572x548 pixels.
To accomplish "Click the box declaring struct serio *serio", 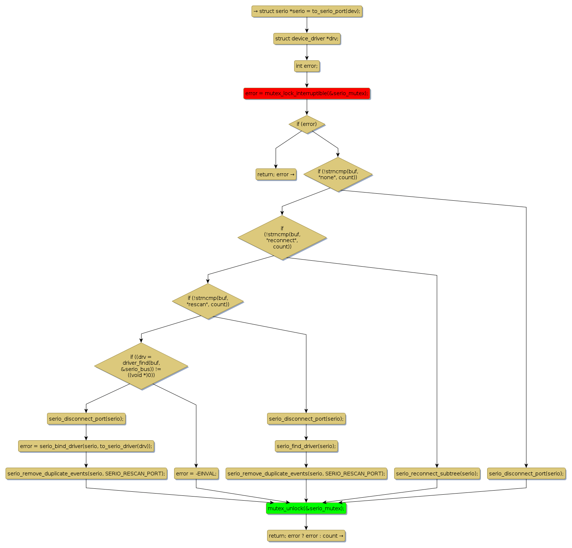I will [306, 11].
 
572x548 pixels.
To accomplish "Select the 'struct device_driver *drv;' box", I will [306, 39].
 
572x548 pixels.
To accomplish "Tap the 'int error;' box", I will [306, 66].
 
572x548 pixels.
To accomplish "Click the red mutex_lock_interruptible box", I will [306, 93].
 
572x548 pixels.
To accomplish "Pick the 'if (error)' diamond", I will [306, 124].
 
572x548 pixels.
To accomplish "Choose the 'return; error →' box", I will [276, 174].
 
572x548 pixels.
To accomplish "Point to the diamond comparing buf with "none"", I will [337, 174].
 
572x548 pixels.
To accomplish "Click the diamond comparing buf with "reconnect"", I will [282, 237].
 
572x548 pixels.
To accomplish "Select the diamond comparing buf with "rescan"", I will [208, 301].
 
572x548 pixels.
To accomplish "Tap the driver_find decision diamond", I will [141, 366].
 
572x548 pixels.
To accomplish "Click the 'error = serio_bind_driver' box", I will [86, 446].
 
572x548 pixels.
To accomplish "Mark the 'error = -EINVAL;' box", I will [196, 474].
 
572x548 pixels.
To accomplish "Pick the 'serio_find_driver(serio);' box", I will [306, 446].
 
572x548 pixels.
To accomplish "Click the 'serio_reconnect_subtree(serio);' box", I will [437, 474].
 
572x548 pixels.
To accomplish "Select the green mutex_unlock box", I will [306, 508].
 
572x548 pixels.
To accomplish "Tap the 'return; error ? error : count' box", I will [306, 536].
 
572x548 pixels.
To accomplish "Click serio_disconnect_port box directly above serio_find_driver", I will [306, 419].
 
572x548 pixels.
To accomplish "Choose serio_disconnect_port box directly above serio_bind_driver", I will [86, 419].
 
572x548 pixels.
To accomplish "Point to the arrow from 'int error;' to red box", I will [307, 80].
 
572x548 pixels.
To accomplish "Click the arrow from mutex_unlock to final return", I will [306, 522].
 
